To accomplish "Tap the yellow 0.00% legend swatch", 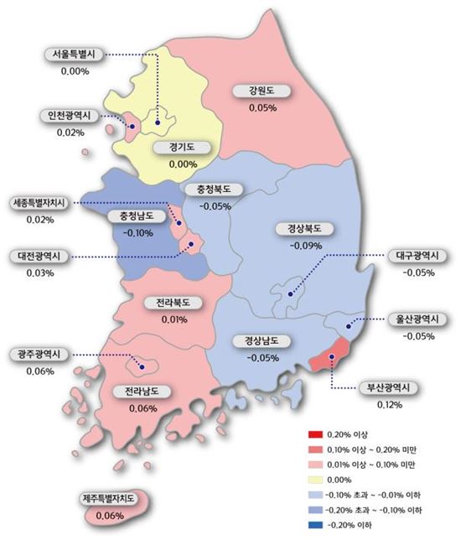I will click(x=315, y=479).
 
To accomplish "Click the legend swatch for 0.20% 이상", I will click(x=315, y=434).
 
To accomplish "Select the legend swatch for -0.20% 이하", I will click(x=315, y=524).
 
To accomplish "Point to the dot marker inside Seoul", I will click(x=157, y=122).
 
